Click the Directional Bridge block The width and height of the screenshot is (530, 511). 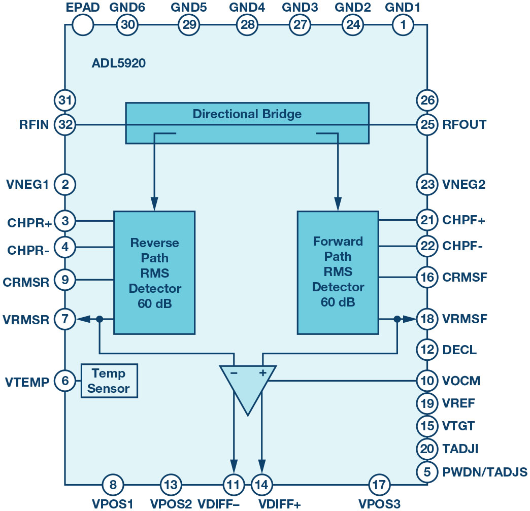coord(247,123)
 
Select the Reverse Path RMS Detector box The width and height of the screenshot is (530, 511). coord(154,272)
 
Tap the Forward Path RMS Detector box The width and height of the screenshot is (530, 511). coord(338,272)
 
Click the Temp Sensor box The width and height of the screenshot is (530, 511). coord(109,381)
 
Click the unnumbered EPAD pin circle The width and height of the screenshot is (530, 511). coord(83,25)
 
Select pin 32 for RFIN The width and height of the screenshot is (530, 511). coord(65,125)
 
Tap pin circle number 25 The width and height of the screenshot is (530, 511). coord(427,125)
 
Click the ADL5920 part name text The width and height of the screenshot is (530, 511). coord(119,63)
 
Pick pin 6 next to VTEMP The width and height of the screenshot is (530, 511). coord(65,381)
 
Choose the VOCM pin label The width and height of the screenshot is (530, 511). coord(461,381)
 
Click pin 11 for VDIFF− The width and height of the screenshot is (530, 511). coord(234,485)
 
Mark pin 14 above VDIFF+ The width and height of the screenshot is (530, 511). coord(262,485)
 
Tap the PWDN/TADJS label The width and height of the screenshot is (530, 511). coord(485,472)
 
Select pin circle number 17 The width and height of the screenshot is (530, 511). coord(379,485)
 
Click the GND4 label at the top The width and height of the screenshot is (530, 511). coord(247,8)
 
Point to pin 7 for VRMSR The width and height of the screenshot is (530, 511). coord(65,319)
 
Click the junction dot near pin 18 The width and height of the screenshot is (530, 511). coord(397,319)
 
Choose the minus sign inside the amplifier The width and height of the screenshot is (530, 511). coord(234,373)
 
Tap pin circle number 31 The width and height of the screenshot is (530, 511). coord(65,100)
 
